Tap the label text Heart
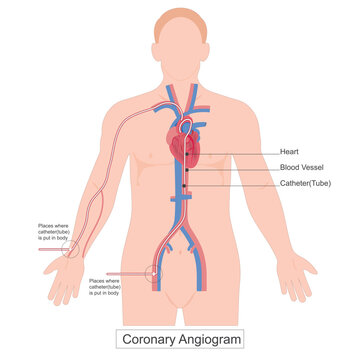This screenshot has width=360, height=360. point(267,152)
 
